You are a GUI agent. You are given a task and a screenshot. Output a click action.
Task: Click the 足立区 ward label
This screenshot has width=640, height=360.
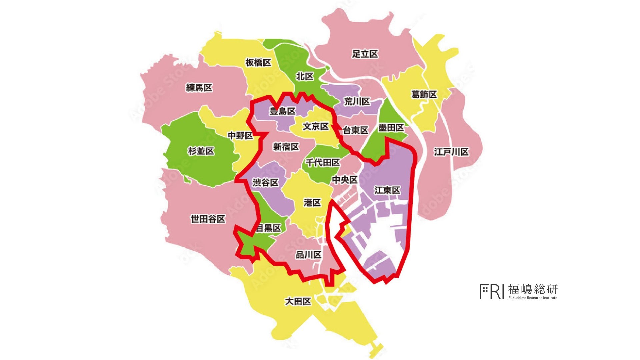pyautogui.click(x=365, y=54)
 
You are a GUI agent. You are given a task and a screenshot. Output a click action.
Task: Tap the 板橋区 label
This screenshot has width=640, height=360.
pyautogui.click(x=258, y=62)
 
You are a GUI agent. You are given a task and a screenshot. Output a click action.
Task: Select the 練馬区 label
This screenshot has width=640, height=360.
pyautogui.click(x=199, y=88)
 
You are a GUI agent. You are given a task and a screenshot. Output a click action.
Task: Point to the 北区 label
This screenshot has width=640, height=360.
pyautogui.click(x=305, y=76)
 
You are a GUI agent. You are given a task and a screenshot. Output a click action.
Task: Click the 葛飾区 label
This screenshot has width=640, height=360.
pyautogui.click(x=424, y=95)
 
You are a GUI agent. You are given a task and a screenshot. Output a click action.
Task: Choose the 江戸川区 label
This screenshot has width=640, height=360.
pyautogui.click(x=451, y=152)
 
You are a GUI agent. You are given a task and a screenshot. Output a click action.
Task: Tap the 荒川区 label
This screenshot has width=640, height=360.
pyautogui.click(x=357, y=102)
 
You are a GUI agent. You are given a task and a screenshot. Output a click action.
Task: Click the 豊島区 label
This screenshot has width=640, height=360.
pyautogui.click(x=283, y=111)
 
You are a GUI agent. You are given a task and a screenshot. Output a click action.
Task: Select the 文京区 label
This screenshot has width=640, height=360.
pyautogui.click(x=316, y=126)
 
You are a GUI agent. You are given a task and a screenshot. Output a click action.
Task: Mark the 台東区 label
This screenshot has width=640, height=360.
pyautogui.click(x=355, y=130)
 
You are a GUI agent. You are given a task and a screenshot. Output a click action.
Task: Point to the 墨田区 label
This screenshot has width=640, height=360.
pyautogui.click(x=391, y=128)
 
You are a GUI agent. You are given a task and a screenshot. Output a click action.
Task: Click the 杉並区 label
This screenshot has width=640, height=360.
pyautogui.click(x=201, y=151)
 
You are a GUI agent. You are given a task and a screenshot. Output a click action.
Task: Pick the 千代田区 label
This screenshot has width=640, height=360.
pyautogui.click(x=323, y=163)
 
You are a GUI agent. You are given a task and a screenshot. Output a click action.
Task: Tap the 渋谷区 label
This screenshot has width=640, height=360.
pyautogui.click(x=265, y=183)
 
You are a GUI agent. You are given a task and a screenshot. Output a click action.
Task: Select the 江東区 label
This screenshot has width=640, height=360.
pyautogui.click(x=387, y=190)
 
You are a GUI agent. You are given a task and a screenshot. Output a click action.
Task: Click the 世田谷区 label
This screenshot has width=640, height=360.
pyautogui.click(x=208, y=219)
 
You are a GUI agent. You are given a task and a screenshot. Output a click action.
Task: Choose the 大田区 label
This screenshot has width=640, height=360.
pyautogui.click(x=298, y=301)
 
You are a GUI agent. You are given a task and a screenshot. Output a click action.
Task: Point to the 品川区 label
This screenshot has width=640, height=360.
pyautogui.click(x=308, y=255)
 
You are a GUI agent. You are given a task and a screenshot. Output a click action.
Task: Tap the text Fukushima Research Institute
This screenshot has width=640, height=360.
pyautogui.click(x=533, y=298)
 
